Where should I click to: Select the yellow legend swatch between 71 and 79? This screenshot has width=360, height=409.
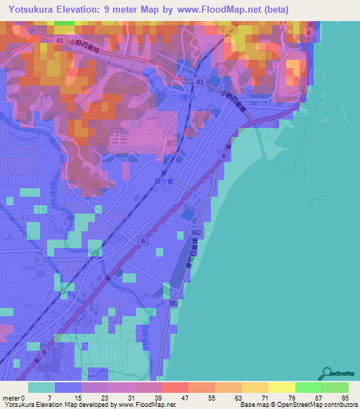click(281, 387)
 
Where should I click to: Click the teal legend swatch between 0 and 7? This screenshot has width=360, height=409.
click(41, 387)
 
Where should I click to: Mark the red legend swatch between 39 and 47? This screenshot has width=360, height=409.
click(174, 387)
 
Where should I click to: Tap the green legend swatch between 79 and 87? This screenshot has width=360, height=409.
click(308, 387)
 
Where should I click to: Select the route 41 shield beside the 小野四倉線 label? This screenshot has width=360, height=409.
click(200, 84)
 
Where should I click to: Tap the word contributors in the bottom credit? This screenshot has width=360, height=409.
click(338, 405)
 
